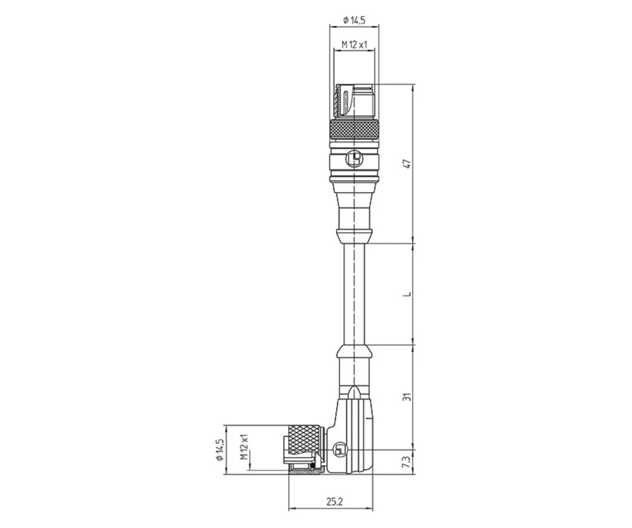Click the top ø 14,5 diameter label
(355, 20)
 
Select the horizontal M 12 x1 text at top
(355, 45)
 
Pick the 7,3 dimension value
(408, 461)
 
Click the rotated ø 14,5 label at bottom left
(221, 450)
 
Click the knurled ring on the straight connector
(355, 131)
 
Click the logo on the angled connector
(341, 450)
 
